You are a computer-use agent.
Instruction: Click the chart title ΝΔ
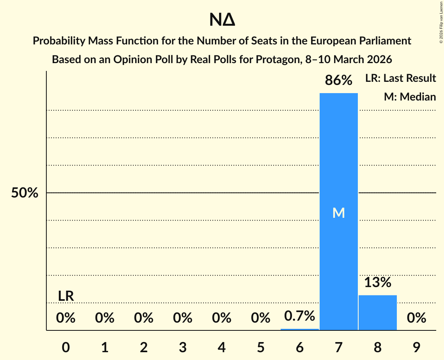(x=222, y=20)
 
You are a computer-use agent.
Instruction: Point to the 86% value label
(x=338, y=81)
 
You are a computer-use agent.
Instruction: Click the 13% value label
(x=377, y=282)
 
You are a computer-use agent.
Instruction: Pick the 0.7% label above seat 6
(x=299, y=316)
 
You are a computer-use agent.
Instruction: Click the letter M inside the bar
(x=338, y=213)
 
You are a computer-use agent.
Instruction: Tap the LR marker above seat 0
(x=66, y=296)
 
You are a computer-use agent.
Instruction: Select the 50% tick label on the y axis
(x=25, y=193)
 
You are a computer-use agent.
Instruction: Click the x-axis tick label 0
(x=66, y=348)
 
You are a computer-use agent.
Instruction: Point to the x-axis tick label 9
(x=416, y=348)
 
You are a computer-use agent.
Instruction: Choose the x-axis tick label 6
(x=299, y=348)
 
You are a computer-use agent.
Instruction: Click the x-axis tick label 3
(x=182, y=348)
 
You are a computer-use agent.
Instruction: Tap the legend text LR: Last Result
(x=400, y=78)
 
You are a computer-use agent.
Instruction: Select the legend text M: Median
(x=410, y=97)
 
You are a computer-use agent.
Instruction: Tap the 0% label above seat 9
(x=416, y=318)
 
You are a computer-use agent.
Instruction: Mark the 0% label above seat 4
(x=221, y=318)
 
